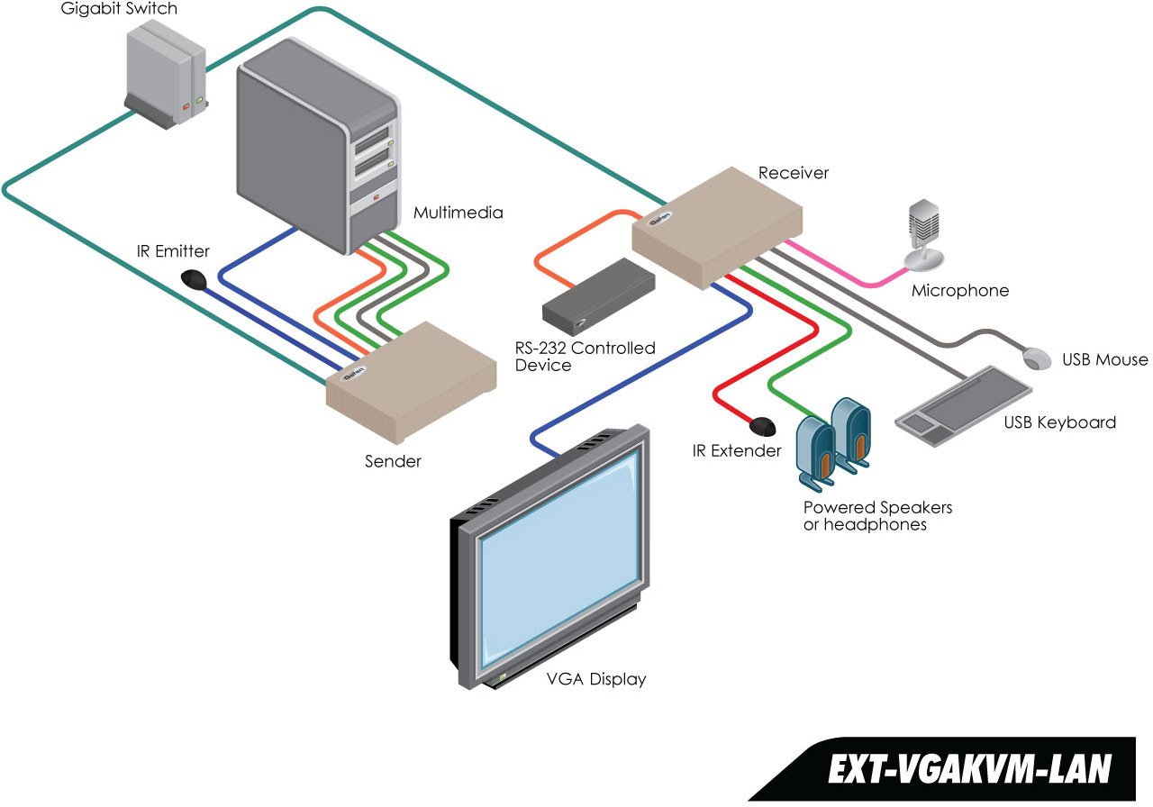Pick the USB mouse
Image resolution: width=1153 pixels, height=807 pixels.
(1038, 358)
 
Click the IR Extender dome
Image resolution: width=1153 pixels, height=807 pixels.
(763, 423)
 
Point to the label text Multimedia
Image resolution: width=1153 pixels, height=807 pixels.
(458, 213)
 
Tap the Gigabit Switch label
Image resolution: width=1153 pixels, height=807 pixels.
(119, 9)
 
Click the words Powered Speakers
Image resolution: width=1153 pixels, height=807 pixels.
(877, 508)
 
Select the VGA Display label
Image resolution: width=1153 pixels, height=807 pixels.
(596, 679)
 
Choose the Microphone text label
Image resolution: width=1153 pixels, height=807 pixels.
(960, 291)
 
